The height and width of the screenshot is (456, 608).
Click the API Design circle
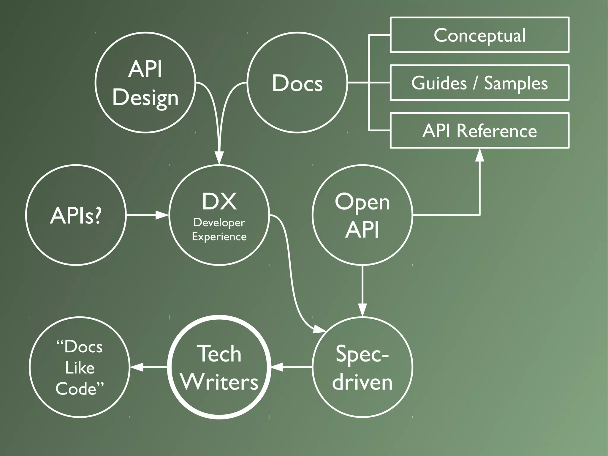(x=145, y=83)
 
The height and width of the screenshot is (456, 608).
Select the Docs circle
(x=297, y=83)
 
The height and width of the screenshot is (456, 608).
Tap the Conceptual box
(x=479, y=35)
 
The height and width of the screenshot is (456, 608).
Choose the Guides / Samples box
(x=479, y=83)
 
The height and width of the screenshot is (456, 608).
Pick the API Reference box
(x=479, y=131)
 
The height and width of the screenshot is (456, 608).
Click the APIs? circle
(x=76, y=215)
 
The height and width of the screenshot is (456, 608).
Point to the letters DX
(x=219, y=202)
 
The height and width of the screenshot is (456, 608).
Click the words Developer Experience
(x=219, y=230)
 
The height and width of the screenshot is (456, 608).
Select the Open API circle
(x=362, y=215)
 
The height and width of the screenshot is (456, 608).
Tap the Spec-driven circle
(x=362, y=367)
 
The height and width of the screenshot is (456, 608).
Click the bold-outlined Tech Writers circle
(x=219, y=367)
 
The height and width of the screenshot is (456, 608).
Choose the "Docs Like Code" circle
(x=80, y=367)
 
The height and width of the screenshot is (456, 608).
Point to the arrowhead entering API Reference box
(x=479, y=155)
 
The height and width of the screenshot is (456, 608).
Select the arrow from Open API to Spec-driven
(x=362, y=291)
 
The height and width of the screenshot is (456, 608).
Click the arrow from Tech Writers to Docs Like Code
(x=148, y=367)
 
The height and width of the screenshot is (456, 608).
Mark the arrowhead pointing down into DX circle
(x=219, y=157)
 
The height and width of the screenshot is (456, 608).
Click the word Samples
(x=516, y=83)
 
